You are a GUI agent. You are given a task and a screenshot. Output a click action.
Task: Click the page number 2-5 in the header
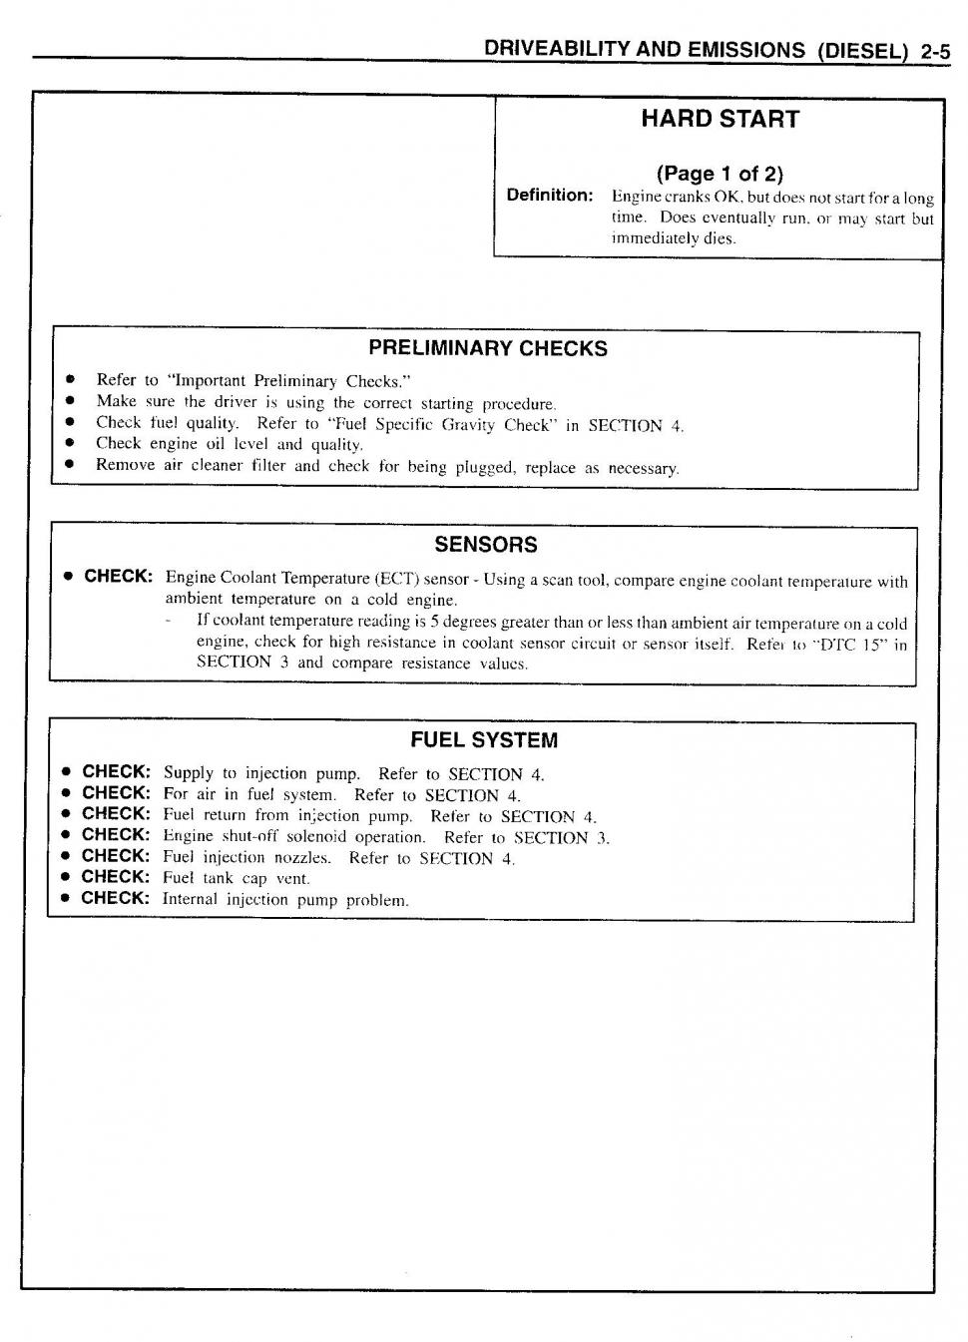click(x=935, y=51)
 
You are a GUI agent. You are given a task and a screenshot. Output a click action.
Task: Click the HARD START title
click(x=720, y=119)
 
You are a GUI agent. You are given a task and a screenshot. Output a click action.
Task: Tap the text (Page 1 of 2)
click(x=720, y=174)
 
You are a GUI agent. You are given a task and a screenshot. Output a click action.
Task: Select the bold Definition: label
click(x=550, y=196)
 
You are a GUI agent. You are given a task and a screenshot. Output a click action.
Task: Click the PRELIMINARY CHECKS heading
click(x=487, y=348)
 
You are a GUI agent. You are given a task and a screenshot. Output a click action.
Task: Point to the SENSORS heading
click(x=485, y=545)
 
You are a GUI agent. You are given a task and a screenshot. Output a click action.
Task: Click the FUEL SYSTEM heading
click(x=484, y=740)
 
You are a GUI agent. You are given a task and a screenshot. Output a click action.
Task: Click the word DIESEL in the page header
click(x=860, y=51)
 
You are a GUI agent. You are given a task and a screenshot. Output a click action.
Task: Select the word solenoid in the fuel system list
click(x=316, y=837)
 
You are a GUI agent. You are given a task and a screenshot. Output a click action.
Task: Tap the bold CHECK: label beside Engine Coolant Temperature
click(x=118, y=577)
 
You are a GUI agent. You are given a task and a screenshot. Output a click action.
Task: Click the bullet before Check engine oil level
click(x=70, y=443)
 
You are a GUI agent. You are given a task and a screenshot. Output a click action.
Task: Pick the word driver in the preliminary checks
click(x=236, y=402)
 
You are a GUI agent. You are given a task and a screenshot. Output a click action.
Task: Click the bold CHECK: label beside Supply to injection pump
click(x=116, y=772)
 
